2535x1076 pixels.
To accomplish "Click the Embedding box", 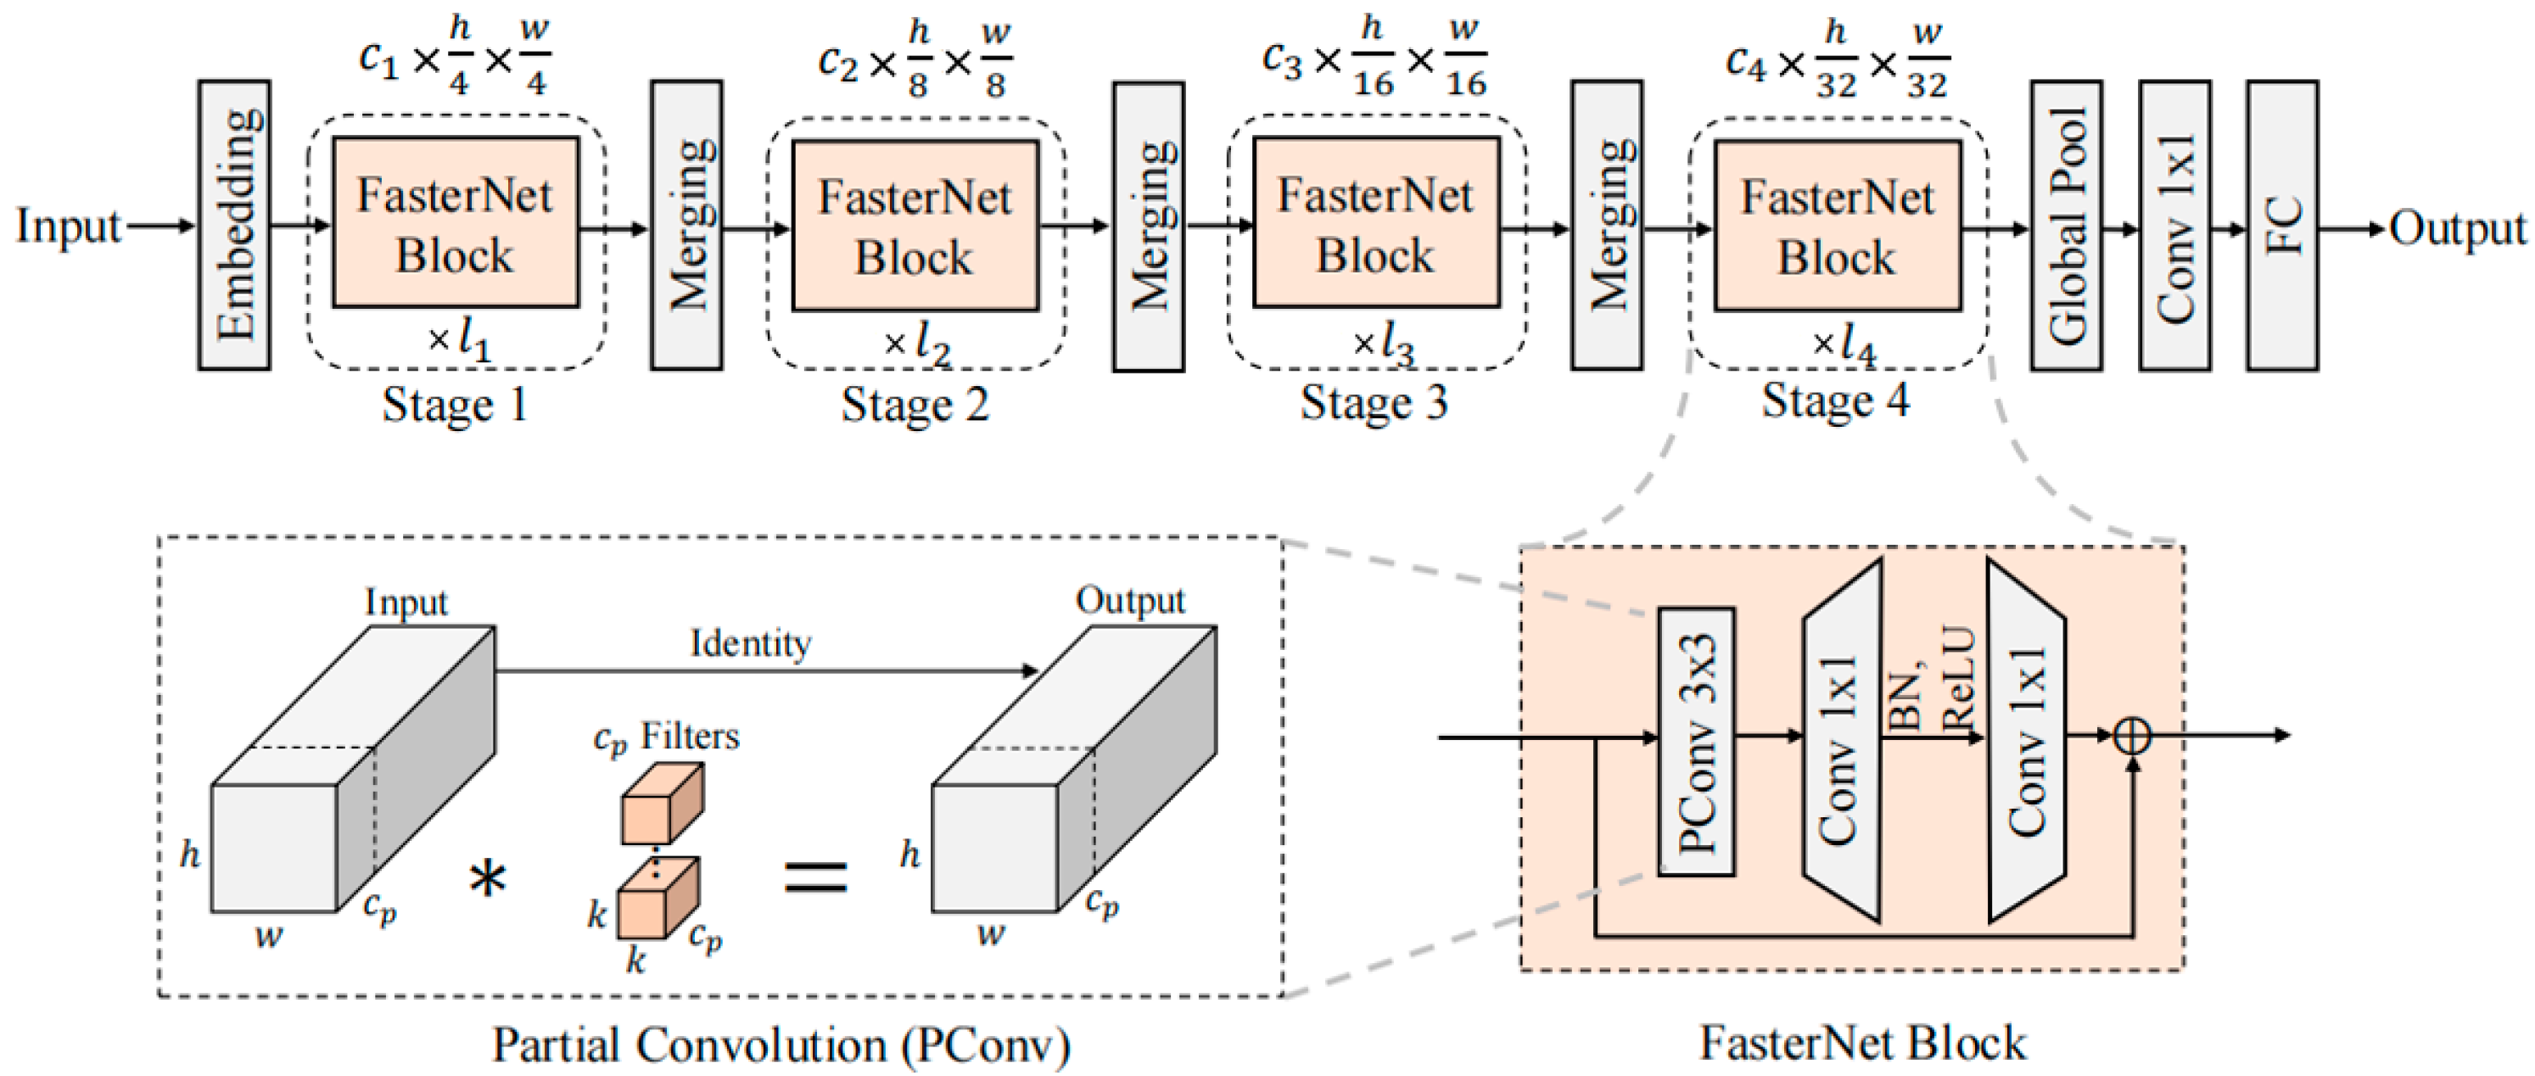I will point(234,226).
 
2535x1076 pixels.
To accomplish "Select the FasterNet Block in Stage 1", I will point(455,223).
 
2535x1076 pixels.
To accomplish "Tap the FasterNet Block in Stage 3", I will point(1376,223).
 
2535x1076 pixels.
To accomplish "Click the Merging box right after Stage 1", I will point(686,226).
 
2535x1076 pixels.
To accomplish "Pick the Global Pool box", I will point(2066,226).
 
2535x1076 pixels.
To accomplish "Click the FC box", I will point(2281,226).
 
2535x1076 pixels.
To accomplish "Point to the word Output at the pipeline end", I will point(2457,229).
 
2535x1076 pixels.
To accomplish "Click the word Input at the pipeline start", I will point(67,227).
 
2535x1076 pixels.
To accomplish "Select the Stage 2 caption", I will point(915,405).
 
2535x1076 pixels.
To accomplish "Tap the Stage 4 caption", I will point(1834,401).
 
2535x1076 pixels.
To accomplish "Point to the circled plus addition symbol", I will point(2131,736).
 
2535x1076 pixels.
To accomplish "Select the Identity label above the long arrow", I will point(750,644).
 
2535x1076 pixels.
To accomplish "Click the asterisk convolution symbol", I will point(487,878).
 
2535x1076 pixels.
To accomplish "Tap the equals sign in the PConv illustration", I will point(814,874).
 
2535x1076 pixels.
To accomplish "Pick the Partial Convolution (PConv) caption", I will point(781,1045).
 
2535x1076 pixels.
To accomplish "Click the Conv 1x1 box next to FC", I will point(2174,226).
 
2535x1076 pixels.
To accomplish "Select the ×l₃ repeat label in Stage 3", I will point(1383,343).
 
